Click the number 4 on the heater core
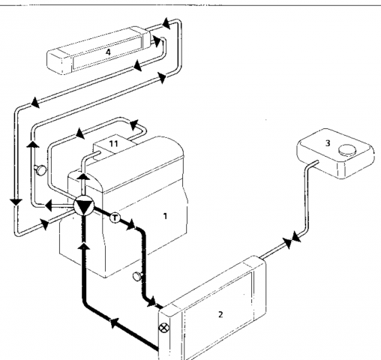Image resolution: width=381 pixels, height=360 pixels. (108, 52)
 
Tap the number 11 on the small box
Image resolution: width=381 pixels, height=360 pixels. (114, 143)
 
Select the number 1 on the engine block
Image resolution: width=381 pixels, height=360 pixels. (165, 216)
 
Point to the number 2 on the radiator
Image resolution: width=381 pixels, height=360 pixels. (220, 314)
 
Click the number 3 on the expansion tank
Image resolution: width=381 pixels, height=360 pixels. (328, 143)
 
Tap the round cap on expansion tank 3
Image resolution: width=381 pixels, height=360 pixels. (347, 149)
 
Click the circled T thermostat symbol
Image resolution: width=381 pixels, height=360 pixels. (115, 217)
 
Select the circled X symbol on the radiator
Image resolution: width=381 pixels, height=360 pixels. (164, 328)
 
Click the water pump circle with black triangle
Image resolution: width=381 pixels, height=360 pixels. (84, 205)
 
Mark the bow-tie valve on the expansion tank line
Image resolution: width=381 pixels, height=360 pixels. (292, 240)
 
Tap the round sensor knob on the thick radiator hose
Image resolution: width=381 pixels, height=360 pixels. (137, 276)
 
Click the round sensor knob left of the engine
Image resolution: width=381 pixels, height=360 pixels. (40, 170)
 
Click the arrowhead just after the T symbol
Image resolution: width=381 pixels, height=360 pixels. (130, 224)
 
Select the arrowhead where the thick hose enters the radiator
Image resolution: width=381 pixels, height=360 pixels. (151, 301)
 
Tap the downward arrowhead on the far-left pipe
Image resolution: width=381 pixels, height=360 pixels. (16, 202)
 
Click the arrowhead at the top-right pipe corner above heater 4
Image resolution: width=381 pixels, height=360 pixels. (166, 24)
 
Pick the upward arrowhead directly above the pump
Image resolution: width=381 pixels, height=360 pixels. (82, 177)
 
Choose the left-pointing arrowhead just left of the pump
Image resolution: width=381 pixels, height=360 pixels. (48, 205)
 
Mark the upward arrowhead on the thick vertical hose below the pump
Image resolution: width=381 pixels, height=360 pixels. (83, 246)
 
